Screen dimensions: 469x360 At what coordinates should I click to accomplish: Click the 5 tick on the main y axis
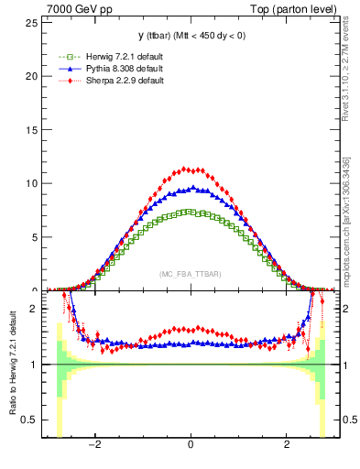(35, 237)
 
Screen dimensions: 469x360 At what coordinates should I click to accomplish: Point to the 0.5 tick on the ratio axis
(30, 420)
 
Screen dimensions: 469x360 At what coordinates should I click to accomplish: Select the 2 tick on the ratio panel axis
(35, 309)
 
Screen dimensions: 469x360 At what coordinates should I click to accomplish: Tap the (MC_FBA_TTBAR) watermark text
(190, 274)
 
